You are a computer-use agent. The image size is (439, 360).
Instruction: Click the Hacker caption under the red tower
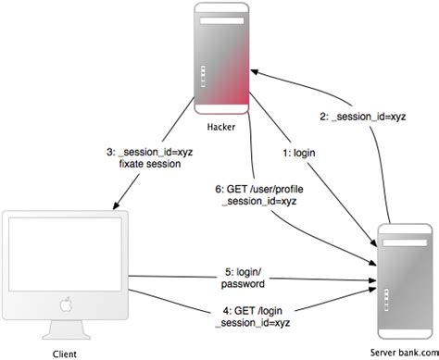pos(221,127)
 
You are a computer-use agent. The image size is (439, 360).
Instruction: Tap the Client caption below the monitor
pos(65,354)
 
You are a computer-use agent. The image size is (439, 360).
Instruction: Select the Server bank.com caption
pos(405,353)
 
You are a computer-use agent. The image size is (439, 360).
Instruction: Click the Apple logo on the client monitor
pos(66,304)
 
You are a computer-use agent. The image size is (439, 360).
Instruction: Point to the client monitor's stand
pos(67,329)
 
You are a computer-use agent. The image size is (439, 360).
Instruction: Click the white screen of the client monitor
pos(65,254)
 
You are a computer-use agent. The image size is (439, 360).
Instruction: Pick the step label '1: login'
pos(299,153)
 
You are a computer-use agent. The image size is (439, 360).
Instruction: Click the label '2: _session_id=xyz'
pos(363,117)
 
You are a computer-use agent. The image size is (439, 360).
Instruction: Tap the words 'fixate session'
pos(150,164)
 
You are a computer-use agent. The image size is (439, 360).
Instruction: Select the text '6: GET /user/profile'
pos(259,189)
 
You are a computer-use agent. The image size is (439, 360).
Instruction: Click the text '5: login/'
pos(244,272)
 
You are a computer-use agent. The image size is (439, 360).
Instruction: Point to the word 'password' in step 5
pos(243,284)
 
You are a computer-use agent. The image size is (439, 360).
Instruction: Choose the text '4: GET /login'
pos(253,311)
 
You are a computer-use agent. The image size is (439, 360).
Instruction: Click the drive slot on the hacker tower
pos(222,21)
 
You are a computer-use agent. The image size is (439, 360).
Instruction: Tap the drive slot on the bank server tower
pos(405,242)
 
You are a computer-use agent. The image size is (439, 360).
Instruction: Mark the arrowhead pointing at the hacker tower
pos(255,72)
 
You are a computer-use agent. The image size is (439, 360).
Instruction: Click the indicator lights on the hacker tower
pos(203,76)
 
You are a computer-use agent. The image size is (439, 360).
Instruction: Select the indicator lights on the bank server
pos(386,300)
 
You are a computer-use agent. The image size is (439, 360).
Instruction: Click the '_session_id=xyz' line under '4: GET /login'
pos(253,323)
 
